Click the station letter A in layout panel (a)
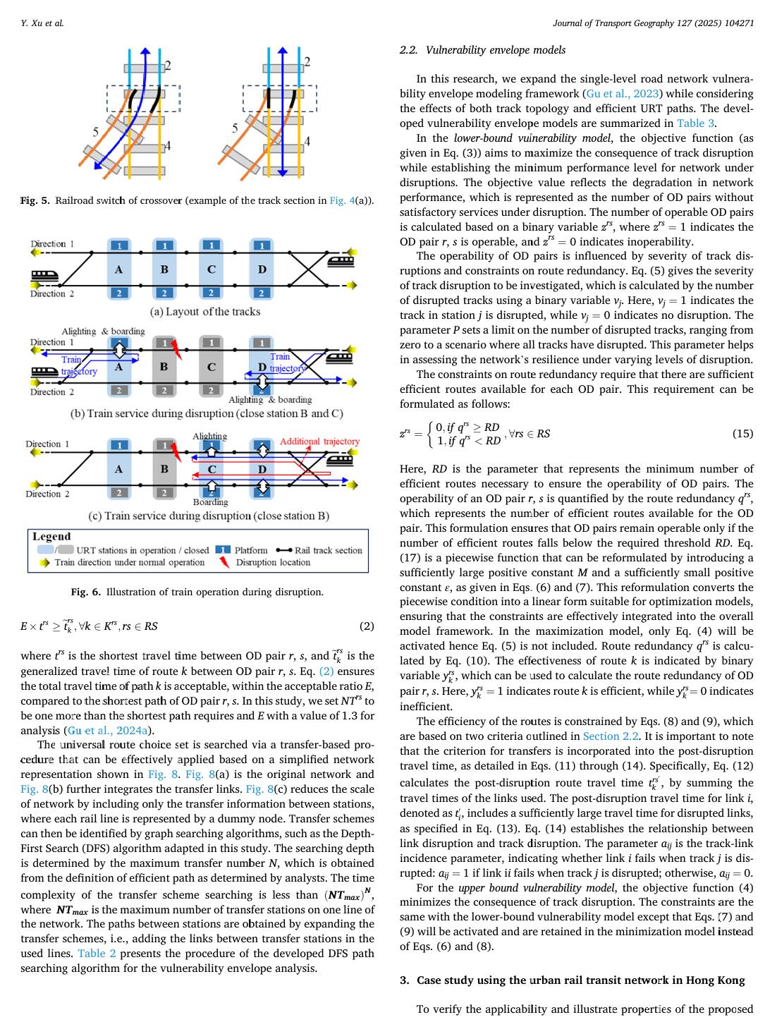119,269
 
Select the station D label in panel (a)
262,269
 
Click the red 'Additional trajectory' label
319,442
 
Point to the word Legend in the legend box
51,537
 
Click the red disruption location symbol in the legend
224,562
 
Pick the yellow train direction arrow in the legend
44,562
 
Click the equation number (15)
742,434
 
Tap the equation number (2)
367,626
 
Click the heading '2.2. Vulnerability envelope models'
482,50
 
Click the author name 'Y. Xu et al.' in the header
42,23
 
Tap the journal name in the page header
654,23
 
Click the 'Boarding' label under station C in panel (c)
210,502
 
